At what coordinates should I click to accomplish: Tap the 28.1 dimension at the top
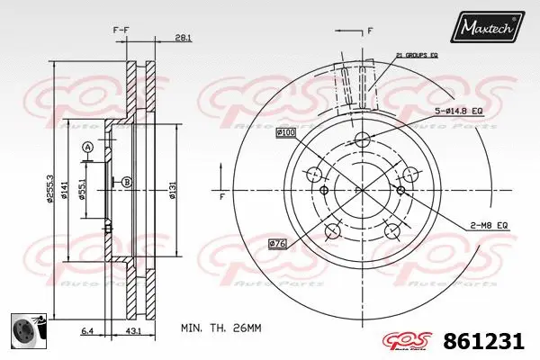click(x=184, y=38)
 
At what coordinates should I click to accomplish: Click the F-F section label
click(x=121, y=31)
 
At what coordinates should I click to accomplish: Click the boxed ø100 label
click(x=286, y=133)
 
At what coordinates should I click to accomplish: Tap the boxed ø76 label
click(x=279, y=243)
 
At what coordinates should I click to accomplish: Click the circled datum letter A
click(x=87, y=148)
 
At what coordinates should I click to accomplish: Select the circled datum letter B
click(x=126, y=182)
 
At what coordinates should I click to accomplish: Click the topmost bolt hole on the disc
click(x=363, y=139)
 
